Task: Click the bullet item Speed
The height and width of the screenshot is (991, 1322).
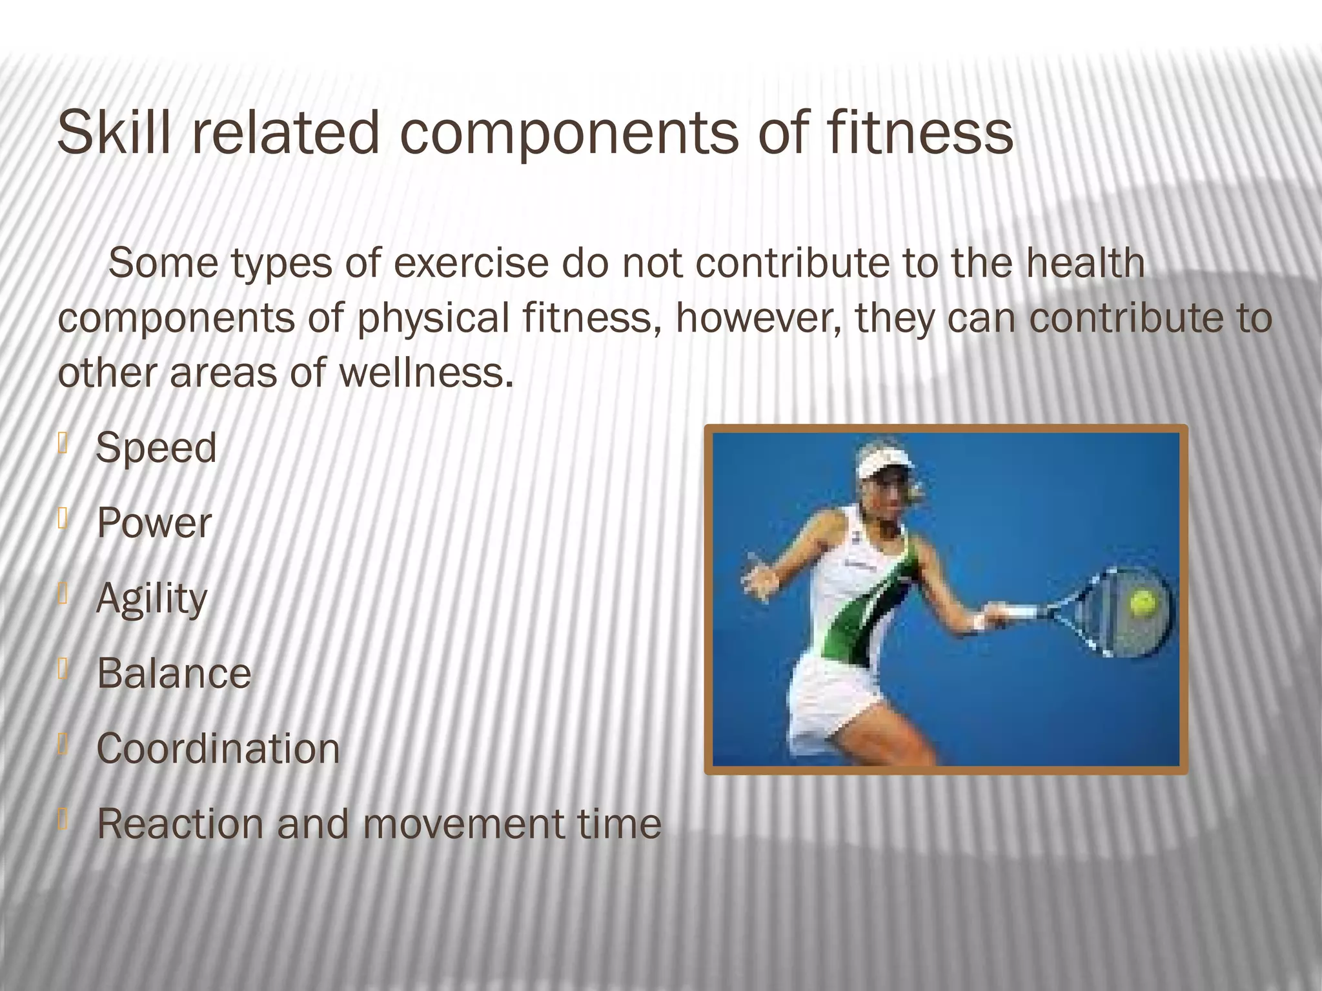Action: click(x=156, y=448)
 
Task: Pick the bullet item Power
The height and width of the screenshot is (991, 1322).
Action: click(x=154, y=523)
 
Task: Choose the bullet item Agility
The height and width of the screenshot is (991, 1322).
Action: click(x=152, y=599)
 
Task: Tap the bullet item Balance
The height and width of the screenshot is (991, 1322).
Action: click(x=174, y=674)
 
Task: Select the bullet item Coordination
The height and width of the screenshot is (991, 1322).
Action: click(x=218, y=749)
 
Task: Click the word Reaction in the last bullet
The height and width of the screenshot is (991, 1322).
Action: click(x=180, y=824)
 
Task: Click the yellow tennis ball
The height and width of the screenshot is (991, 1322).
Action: click(x=1143, y=603)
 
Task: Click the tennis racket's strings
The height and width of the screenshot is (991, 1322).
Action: click(x=1123, y=613)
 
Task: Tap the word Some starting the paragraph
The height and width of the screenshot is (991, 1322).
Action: click(x=163, y=264)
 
